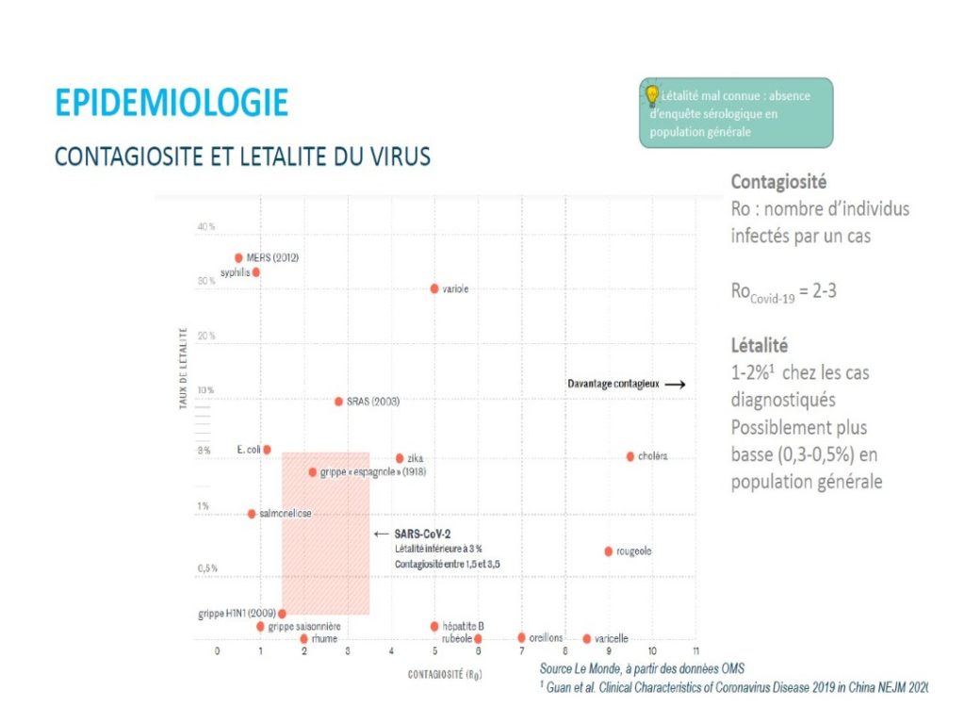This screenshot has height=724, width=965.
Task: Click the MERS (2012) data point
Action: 238,257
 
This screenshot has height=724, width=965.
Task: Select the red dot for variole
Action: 434,288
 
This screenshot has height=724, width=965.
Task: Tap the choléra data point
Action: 630,456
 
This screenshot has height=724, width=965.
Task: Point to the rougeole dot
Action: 608,551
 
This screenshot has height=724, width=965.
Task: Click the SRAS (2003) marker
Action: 338,401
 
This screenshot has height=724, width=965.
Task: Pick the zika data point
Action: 400,458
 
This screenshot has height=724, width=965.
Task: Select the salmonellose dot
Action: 252,514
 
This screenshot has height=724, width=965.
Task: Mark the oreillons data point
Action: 521,637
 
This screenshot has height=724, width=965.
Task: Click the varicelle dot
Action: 586,638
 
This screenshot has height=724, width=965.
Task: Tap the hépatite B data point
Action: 434,626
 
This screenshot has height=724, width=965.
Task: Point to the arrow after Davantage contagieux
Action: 674,385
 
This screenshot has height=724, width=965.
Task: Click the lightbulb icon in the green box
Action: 651,94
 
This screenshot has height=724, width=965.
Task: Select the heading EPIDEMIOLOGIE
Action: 172,103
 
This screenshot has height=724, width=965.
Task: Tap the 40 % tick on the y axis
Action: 206,227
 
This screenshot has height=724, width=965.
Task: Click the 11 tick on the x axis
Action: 695,651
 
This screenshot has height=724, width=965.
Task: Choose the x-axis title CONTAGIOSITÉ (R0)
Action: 445,675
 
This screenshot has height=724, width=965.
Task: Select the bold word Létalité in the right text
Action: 759,346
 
